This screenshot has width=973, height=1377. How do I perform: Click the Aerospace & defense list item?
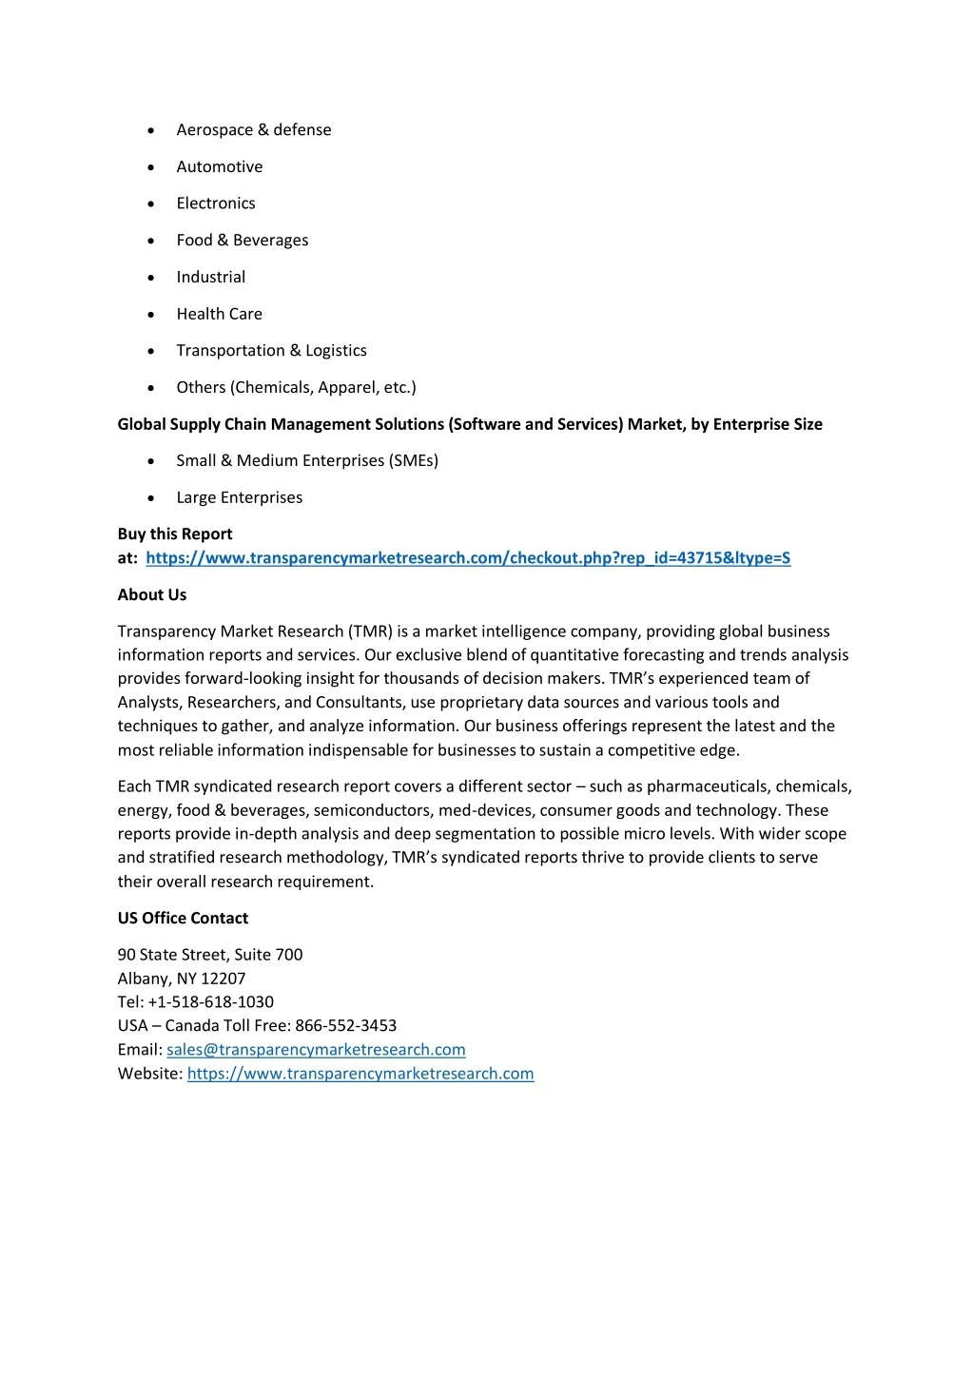click(253, 130)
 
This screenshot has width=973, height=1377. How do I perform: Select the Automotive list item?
click(219, 167)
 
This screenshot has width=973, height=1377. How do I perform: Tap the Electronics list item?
click(215, 204)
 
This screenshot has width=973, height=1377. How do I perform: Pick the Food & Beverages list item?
click(242, 241)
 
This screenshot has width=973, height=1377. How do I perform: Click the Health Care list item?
click(219, 314)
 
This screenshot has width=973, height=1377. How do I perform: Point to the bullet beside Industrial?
click(151, 278)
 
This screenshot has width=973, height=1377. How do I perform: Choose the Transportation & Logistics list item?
click(271, 351)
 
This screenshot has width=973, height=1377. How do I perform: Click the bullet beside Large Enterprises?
click(151, 498)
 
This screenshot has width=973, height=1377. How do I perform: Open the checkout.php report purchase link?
click(468, 558)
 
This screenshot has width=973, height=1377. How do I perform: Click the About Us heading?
click(152, 595)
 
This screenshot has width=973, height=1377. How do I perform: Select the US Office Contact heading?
click(183, 919)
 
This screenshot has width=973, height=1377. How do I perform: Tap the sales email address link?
click(316, 1050)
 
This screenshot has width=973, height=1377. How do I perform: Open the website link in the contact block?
click(360, 1074)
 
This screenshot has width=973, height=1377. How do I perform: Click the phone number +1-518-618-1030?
click(211, 1002)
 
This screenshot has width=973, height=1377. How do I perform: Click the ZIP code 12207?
click(223, 979)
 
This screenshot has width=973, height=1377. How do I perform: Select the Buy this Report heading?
click(175, 534)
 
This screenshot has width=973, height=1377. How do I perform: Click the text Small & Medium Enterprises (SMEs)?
click(307, 461)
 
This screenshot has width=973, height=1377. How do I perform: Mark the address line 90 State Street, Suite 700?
click(210, 955)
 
